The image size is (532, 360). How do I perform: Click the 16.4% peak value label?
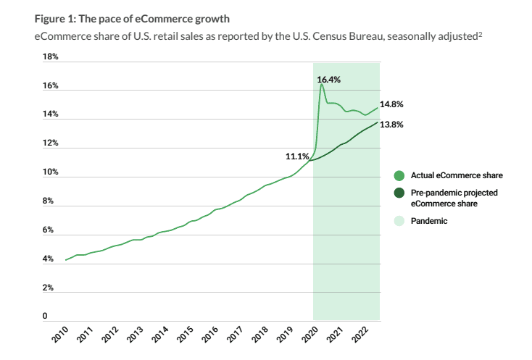tap(328, 79)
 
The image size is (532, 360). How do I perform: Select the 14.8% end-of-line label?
tap(391, 104)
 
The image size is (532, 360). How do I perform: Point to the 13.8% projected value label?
tap(391, 125)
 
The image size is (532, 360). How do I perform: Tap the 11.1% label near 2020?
tap(298, 156)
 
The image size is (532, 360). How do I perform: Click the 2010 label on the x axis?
tap(62, 334)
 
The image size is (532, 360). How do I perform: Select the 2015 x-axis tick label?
tap(186, 334)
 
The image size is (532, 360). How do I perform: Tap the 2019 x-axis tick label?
tap(286, 334)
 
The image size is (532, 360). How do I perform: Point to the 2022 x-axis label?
tap(361, 334)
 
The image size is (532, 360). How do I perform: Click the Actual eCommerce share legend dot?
tap(399, 175)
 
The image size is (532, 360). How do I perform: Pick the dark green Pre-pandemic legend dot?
tap(399, 193)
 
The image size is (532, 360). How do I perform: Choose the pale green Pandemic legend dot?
tap(399, 221)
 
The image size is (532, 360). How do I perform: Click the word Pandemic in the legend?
tap(429, 221)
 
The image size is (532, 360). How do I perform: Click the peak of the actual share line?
tap(321, 85)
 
